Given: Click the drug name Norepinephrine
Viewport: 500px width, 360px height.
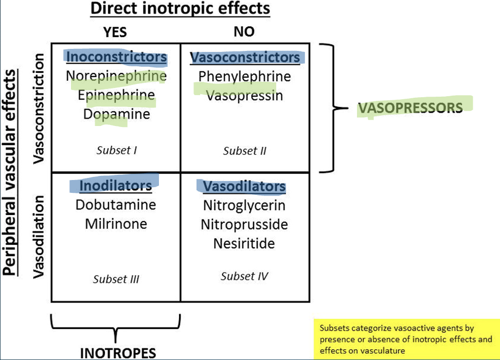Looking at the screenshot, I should (116, 77).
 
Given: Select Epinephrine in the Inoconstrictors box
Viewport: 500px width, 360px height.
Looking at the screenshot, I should (116, 95).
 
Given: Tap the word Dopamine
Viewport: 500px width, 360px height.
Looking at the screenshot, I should (116, 114).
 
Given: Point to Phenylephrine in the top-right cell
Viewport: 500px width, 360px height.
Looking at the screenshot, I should (244, 77).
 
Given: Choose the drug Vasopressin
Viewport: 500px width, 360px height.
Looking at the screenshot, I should (244, 96).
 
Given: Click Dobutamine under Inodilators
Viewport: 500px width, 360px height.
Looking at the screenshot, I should (116, 205).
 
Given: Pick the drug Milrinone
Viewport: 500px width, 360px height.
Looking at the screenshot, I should (116, 224).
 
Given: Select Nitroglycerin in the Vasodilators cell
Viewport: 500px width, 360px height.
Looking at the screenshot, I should (244, 206).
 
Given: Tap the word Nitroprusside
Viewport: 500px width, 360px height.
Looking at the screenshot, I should (244, 225).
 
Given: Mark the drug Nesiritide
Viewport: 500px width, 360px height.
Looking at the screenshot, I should (244, 243).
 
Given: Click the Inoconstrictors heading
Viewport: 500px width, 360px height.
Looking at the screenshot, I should (117, 57).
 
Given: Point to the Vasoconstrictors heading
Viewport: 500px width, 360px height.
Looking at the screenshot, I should (245, 57).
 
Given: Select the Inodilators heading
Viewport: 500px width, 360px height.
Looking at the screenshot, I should (116, 185).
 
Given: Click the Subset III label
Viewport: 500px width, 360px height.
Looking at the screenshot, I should (116, 279).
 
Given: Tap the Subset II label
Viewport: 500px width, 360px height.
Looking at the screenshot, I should (244, 151).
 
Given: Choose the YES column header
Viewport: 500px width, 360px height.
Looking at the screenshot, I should (115, 32).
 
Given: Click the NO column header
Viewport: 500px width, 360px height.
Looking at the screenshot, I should (244, 32).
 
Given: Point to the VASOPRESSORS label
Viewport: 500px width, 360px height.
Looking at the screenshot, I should (410, 108).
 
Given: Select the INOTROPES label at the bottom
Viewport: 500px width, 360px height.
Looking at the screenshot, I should (118, 352).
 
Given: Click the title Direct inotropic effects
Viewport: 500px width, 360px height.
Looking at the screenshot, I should (180, 9).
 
